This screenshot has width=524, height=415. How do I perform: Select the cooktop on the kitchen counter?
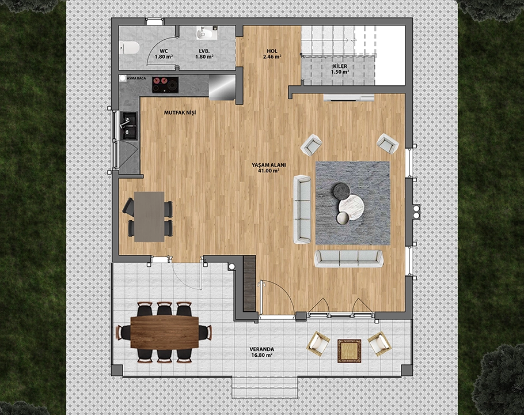[x=165, y=85]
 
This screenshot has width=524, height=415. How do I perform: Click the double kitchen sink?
[x=129, y=126]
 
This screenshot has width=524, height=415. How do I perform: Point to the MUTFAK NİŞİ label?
[x=180, y=113]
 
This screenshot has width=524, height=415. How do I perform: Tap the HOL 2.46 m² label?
[x=272, y=54]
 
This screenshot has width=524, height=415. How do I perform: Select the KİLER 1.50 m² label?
[x=340, y=69]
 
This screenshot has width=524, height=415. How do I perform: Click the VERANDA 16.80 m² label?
[x=261, y=352]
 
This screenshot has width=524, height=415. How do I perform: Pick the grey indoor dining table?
[x=149, y=217]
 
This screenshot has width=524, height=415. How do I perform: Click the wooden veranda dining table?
[x=165, y=332]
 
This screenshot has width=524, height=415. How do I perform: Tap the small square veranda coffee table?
[x=349, y=351]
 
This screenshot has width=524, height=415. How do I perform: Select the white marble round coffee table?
[x=351, y=208]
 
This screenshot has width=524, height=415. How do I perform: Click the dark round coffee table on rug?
[x=341, y=191]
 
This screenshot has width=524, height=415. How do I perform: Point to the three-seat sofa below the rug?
[x=348, y=258]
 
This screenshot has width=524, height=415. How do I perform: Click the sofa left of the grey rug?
[x=302, y=209]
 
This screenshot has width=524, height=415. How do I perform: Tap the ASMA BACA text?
[x=136, y=78]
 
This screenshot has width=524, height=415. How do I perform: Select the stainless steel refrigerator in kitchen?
[x=222, y=87]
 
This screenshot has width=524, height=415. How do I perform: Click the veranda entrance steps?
[x=265, y=387]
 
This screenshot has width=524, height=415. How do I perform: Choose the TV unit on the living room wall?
[x=348, y=97]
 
